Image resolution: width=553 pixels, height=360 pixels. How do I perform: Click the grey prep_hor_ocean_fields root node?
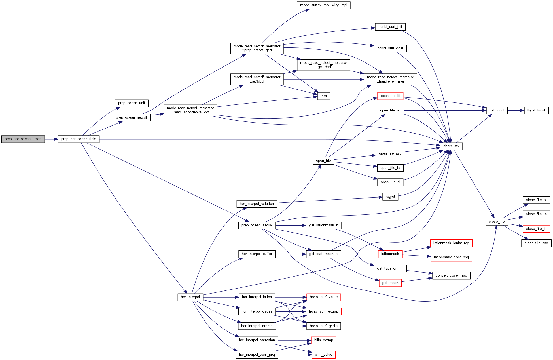23,139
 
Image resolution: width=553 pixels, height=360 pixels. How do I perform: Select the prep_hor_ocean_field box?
79,139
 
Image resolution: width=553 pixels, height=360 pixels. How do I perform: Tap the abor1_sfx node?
451,146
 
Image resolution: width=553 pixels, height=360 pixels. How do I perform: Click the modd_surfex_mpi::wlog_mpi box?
323,5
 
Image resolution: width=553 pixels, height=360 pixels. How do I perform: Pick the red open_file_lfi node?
390,96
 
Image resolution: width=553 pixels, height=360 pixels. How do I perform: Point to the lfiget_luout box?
536,110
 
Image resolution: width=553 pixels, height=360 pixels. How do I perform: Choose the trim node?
323,96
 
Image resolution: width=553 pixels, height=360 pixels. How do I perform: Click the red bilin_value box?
323,355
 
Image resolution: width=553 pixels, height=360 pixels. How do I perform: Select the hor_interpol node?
190,297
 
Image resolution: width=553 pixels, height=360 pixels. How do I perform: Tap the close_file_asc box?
536,243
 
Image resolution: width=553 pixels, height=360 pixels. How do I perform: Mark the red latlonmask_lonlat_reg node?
451,243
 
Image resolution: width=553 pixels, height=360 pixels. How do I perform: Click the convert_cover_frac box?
451,275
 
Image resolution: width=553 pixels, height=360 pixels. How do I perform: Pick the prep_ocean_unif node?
132,103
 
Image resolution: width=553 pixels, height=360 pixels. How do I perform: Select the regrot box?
390,197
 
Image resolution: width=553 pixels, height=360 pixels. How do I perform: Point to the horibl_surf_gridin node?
323,326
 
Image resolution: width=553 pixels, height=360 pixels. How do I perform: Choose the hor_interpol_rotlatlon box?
257,204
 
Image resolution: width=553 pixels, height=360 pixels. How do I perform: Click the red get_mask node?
390,283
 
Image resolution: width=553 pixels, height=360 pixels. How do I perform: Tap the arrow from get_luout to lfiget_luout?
516,110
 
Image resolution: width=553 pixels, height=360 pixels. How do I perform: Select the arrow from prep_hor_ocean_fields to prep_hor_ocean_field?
51,139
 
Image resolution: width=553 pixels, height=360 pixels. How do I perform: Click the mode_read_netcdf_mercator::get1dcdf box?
323,65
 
